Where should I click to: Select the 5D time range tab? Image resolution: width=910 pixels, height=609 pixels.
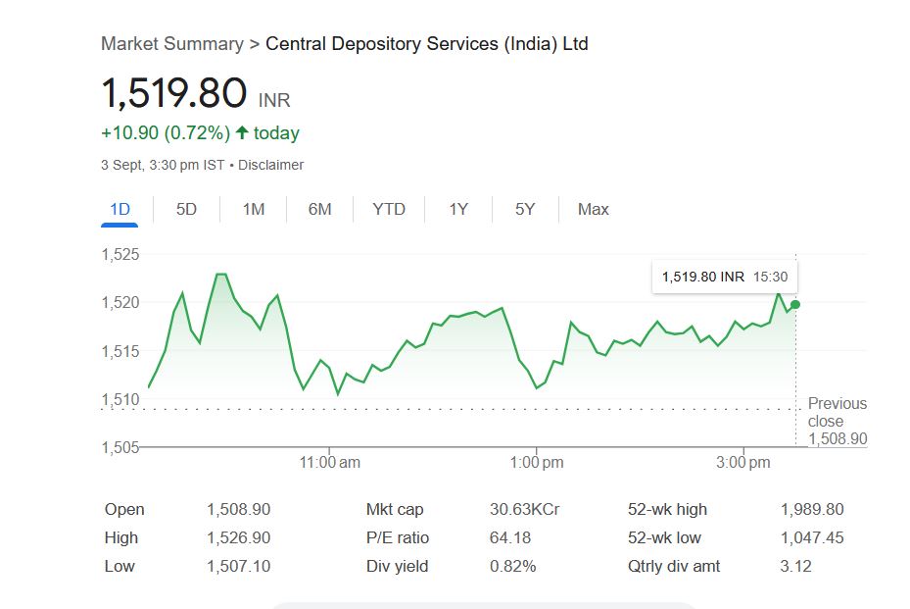pyautogui.click(x=186, y=209)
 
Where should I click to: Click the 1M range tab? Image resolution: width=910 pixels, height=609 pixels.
pyautogui.click(x=254, y=209)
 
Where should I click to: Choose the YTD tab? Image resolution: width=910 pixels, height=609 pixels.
pyautogui.click(x=389, y=209)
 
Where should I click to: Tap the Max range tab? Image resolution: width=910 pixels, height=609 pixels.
pyautogui.click(x=593, y=209)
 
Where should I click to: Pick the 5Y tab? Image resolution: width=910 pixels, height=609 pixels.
pyautogui.click(x=525, y=209)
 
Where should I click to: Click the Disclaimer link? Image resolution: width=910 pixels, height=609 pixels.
pyautogui.click(x=270, y=165)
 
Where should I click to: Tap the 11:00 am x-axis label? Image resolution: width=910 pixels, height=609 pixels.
pyautogui.click(x=330, y=462)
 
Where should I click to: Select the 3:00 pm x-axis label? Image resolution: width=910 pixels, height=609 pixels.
pyautogui.click(x=743, y=462)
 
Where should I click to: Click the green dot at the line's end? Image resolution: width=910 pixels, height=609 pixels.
pyautogui.click(x=795, y=304)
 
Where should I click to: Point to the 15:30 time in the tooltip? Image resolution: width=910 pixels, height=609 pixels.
pyautogui.click(x=770, y=278)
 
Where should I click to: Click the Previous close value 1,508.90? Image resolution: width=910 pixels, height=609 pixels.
pyautogui.click(x=838, y=438)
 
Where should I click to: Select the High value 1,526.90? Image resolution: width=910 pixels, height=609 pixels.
pyautogui.click(x=238, y=537)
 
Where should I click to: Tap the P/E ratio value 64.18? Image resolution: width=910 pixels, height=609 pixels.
pyautogui.click(x=509, y=537)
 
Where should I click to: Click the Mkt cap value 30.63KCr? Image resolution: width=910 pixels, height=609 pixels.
pyautogui.click(x=524, y=509)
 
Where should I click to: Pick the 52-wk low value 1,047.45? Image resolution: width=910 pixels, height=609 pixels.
pyautogui.click(x=812, y=537)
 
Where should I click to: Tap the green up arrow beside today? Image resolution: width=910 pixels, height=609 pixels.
pyautogui.click(x=242, y=132)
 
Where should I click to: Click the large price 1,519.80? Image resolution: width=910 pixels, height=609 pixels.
pyautogui.click(x=174, y=93)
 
